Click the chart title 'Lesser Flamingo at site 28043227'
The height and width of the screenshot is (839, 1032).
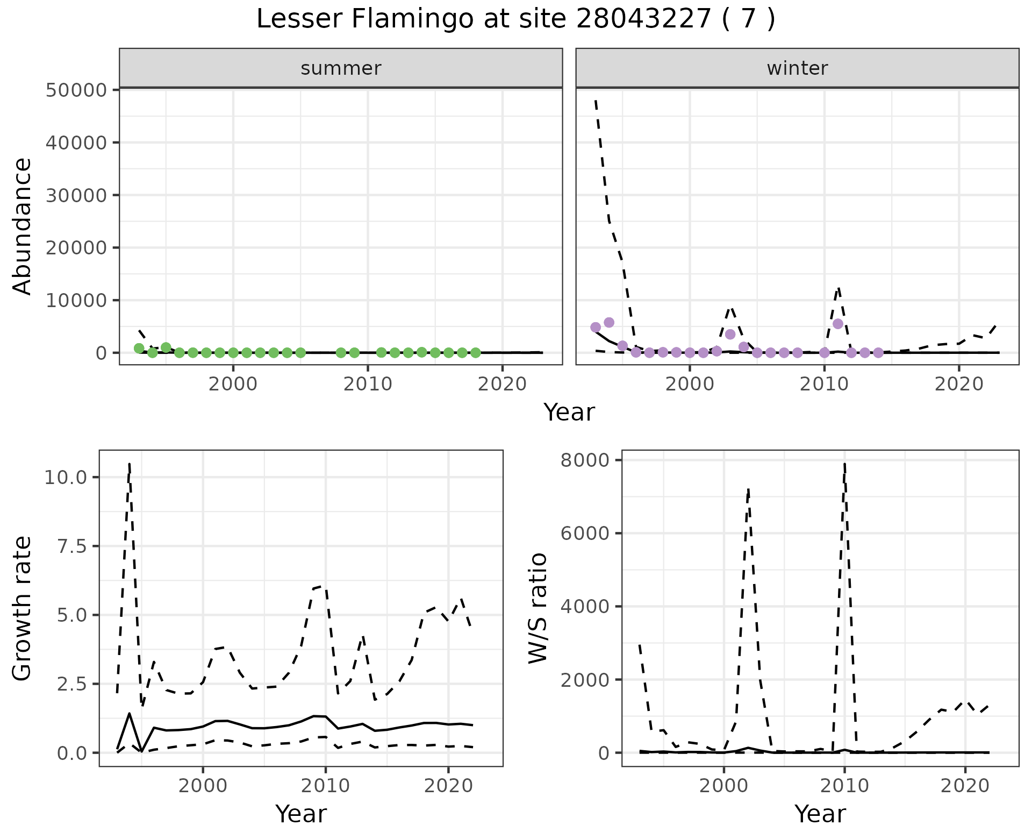click(515, 19)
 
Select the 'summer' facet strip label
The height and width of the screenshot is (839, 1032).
click(341, 68)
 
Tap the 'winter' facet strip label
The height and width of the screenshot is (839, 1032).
click(797, 68)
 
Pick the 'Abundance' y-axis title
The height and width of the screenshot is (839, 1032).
click(23, 226)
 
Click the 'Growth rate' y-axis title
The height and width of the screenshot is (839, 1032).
click(23, 608)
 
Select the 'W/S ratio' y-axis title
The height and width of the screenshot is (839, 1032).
click(537, 608)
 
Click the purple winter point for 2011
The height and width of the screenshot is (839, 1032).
click(837, 324)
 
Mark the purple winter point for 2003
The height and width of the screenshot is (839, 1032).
click(730, 334)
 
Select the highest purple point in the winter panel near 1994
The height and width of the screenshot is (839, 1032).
click(609, 323)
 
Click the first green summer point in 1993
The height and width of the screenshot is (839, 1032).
click(139, 348)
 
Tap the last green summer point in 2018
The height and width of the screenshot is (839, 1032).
click(476, 353)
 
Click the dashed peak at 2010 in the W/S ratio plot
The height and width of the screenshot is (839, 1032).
click(845, 463)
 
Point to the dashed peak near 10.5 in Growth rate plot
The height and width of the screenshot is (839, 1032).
click(130, 464)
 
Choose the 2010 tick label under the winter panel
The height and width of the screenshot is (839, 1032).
click(824, 385)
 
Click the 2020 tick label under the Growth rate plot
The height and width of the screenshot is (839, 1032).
click(448, 786)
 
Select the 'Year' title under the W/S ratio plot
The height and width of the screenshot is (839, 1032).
click(820, 814)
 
